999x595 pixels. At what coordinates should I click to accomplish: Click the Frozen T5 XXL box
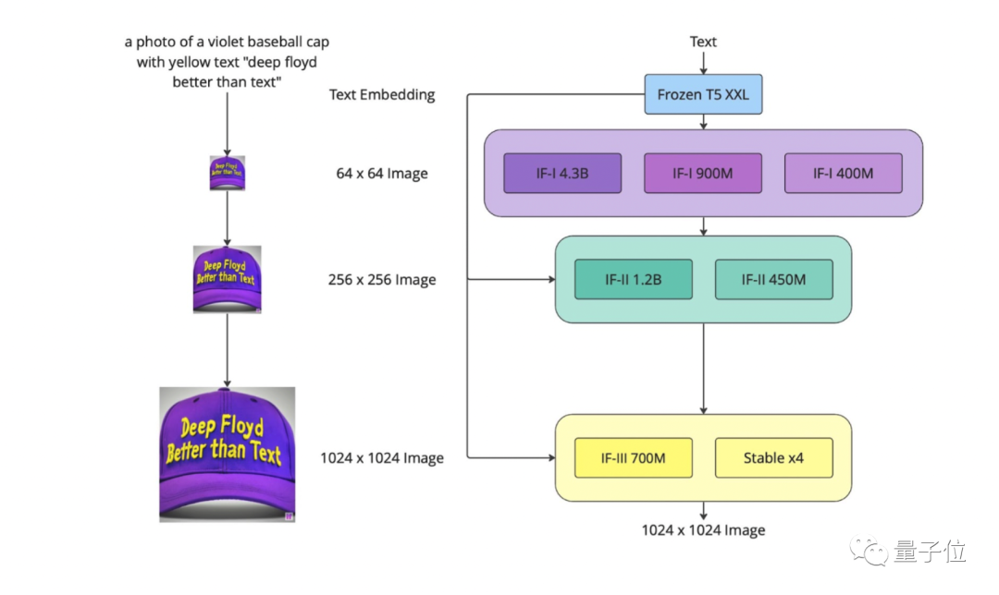pos(703,94)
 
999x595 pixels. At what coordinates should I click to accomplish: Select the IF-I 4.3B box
pos(562,173)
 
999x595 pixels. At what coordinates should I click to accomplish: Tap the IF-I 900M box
pos(703,173)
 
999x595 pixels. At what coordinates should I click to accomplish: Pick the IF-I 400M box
pos(843,173)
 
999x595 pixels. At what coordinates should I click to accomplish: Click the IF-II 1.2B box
pos(633,279)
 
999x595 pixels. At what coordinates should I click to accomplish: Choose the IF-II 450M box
pos(773,279)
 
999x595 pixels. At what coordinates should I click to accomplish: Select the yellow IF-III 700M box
pos(633,457)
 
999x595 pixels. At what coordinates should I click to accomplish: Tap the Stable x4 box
pos(773,457)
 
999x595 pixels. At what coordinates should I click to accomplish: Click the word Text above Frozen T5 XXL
pos(703,42)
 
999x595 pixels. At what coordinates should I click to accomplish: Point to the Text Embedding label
pos(382,94)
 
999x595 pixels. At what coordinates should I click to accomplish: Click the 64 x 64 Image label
pos(382,174)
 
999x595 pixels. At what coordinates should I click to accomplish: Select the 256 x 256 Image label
pos(382,280)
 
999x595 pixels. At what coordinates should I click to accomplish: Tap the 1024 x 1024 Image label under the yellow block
pos(703,530)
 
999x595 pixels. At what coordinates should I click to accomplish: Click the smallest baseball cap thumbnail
pos(228,172)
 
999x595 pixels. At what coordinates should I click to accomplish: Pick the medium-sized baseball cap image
pos(228,279)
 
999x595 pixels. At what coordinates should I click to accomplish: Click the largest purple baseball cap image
pos(228,455)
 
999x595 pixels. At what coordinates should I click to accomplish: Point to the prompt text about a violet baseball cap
pos(228,62)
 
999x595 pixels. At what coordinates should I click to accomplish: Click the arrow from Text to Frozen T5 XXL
pos(703,63)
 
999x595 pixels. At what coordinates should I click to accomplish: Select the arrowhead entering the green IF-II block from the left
pos(549,279)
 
